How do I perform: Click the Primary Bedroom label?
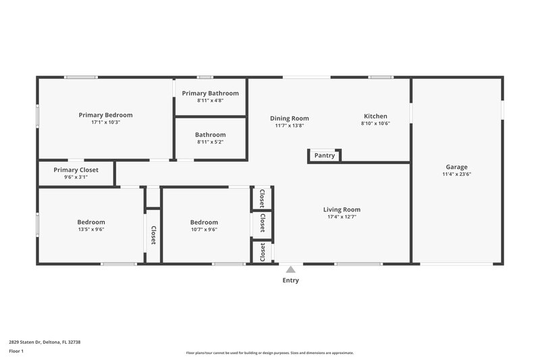coord(105,115)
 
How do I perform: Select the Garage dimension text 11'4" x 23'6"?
coord(456,174)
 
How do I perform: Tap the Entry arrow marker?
coord(290,269)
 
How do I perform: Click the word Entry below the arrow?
coord(290,280)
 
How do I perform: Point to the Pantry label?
coord(325,155)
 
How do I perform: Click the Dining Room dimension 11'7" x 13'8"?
coord(290,125)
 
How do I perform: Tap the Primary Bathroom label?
coord(210,93)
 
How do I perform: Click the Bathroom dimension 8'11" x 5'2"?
coord(210,142)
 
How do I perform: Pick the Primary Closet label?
coord(76,170)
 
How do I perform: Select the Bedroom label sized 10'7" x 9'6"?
coord(203,222)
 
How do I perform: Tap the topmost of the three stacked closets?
coord(262,198)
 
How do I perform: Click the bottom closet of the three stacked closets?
coord(262,252)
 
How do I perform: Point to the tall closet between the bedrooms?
coord(153,235)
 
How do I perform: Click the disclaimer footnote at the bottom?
coord(269,353)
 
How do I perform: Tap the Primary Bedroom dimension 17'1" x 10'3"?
coord(105,123)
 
